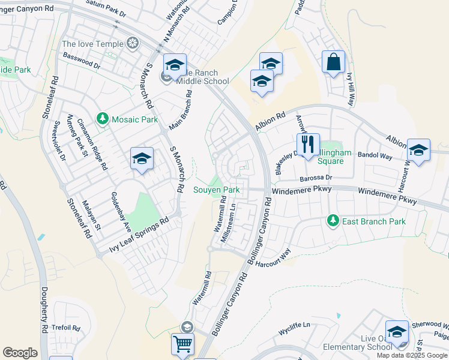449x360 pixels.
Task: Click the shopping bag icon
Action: pos(333,62)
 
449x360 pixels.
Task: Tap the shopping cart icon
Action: pos(183,345)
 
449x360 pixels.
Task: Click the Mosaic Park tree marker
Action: pos(103,119)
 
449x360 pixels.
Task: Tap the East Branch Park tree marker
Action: pos(333,221)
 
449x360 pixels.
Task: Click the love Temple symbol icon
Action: pos(132,43)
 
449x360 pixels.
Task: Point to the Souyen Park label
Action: pos(216,190)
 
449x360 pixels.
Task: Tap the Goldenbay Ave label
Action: pos(119,212)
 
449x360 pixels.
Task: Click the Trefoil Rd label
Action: pos(66,328)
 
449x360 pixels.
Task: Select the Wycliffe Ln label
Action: pos(294,325)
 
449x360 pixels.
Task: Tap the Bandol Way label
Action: pos(375,155)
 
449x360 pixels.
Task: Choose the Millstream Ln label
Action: pos(229,222)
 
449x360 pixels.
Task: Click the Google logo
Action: pos(20,353)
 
